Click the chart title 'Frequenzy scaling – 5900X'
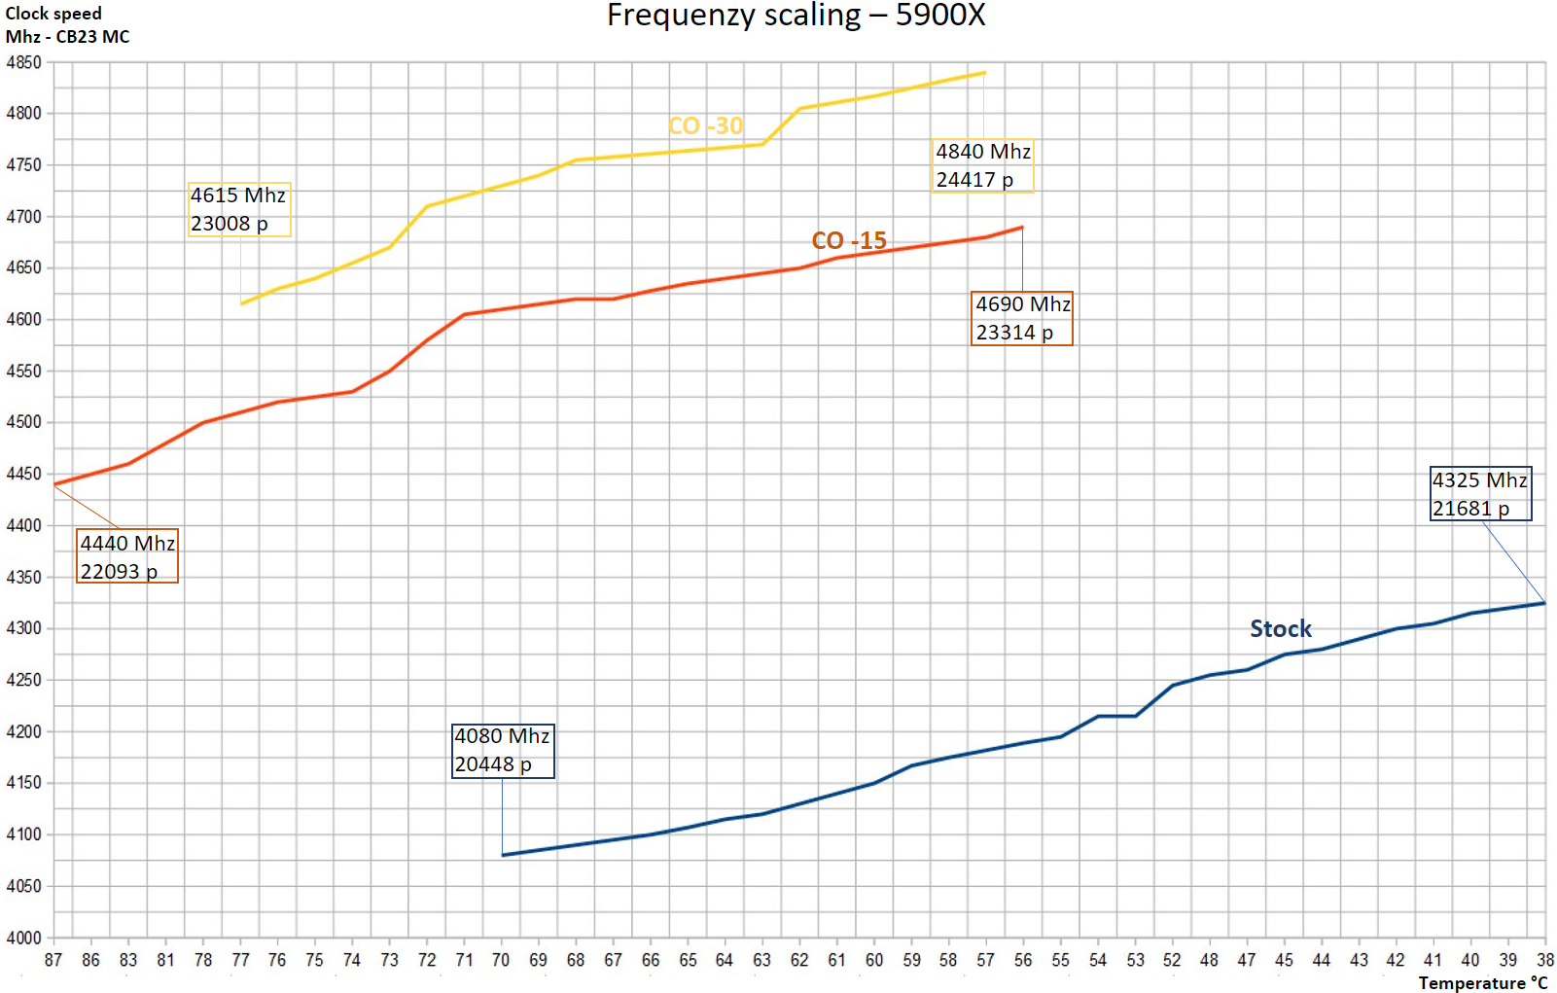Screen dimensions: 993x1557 click(796, 16)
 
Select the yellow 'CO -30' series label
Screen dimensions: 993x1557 click(705, 126)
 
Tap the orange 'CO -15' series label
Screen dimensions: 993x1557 click(849, 240)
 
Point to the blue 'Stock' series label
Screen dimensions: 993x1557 click(1280, 629)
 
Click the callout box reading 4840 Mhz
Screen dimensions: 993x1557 click(982, 165)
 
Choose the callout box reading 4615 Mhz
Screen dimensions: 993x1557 click(238, 209)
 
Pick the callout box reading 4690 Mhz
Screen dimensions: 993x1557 click(1022, 318)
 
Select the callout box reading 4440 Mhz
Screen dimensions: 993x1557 click(127, 557)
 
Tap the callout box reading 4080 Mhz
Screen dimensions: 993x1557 click(503, 750)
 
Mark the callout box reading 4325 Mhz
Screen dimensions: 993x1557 click(1480, 494)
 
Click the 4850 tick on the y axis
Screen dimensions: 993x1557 click(23, 62)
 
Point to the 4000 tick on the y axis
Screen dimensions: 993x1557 click(23, 938)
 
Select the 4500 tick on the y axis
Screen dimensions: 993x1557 click(23, 422)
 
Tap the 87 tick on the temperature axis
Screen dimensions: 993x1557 click(53, 960)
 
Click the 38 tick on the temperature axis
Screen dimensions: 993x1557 click(1544, 960)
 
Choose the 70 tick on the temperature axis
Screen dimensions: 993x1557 click(501, 960)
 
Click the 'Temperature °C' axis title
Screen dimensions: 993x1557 click(1482, 983)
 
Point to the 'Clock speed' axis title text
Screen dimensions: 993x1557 click(53, 14)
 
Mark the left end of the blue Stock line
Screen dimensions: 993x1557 click(503, 855)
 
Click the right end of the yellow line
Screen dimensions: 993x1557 click(984, 72)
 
